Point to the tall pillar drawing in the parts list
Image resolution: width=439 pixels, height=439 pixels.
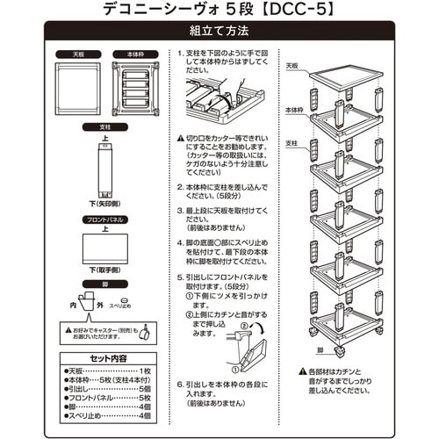pyautogui.click(x=104, y=171)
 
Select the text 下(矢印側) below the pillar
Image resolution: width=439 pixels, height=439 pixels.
pyautogui.click(x=104, y=205)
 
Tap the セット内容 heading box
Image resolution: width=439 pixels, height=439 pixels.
pyautogui.click(x=104, y=358)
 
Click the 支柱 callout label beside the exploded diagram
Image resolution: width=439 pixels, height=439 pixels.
pyautogui.click(x=294, y=140)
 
